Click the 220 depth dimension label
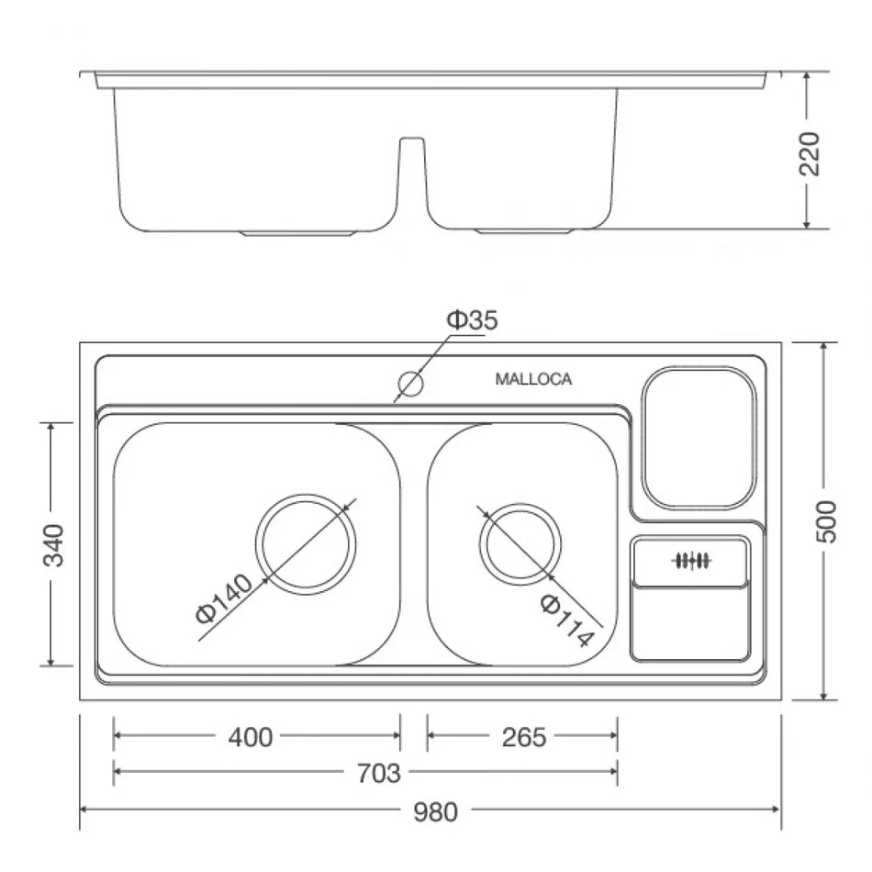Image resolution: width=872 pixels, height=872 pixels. [810, 153]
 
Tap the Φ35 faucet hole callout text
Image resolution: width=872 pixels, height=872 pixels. [472, 319]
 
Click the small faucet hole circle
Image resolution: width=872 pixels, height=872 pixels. [411, 384]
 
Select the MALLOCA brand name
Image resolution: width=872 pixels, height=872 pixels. [533, 379]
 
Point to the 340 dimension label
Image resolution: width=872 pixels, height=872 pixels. [53, 544]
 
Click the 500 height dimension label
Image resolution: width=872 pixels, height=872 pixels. [826, 521]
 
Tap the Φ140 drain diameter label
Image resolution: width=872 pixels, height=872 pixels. [224, 599]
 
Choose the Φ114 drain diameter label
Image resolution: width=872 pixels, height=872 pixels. [566, 620]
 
